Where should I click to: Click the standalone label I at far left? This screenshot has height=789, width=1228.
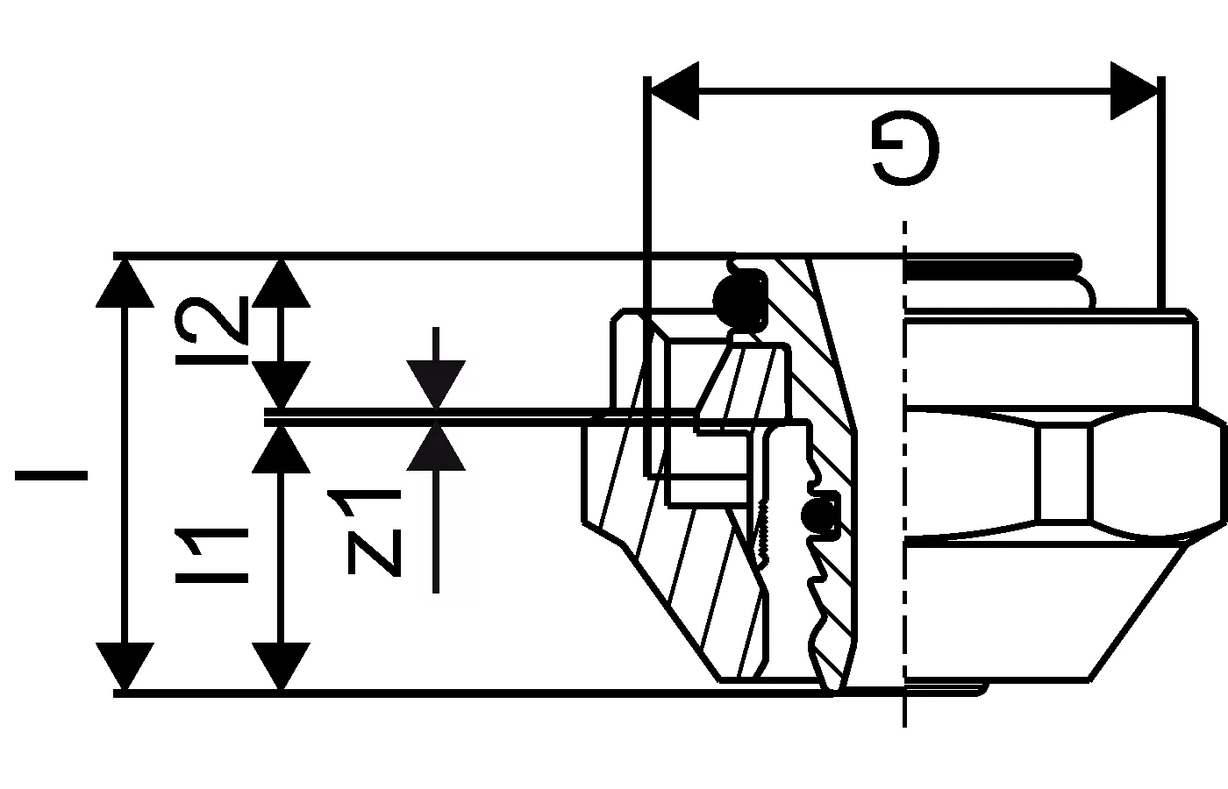tap(51, 476)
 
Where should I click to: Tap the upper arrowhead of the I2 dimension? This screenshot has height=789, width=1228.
tap(281, 282)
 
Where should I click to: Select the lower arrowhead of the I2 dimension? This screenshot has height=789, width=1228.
tap(281, 386)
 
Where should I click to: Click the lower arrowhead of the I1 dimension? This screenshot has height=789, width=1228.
tap(281, 666)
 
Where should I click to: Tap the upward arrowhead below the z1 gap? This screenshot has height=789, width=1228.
tap(436, 447)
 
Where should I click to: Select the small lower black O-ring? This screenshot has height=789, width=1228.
tap(821, 517)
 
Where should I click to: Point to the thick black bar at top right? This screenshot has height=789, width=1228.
tap(991, 267)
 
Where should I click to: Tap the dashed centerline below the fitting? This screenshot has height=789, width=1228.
tap(904, 710)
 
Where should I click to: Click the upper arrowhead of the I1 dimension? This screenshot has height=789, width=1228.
tap(281, 447)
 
